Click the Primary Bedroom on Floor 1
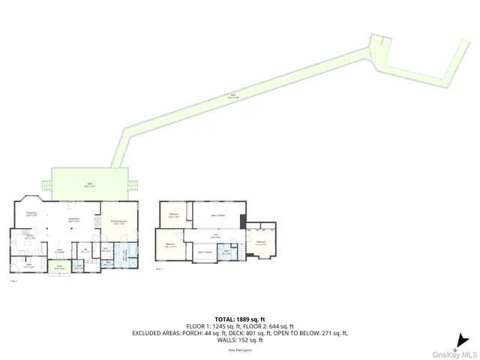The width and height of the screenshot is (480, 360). (x=118, y=223)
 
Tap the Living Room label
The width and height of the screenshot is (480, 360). (x=74, y=222)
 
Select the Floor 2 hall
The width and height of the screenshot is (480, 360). (x=213, y=237)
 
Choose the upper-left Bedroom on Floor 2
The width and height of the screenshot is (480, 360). (x=173, y=216)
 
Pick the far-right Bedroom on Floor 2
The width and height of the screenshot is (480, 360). (x=260, y=242)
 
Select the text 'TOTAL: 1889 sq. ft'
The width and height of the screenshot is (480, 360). (x=240, y=317)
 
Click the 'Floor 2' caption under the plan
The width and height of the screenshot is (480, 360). (x=159, y=268)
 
